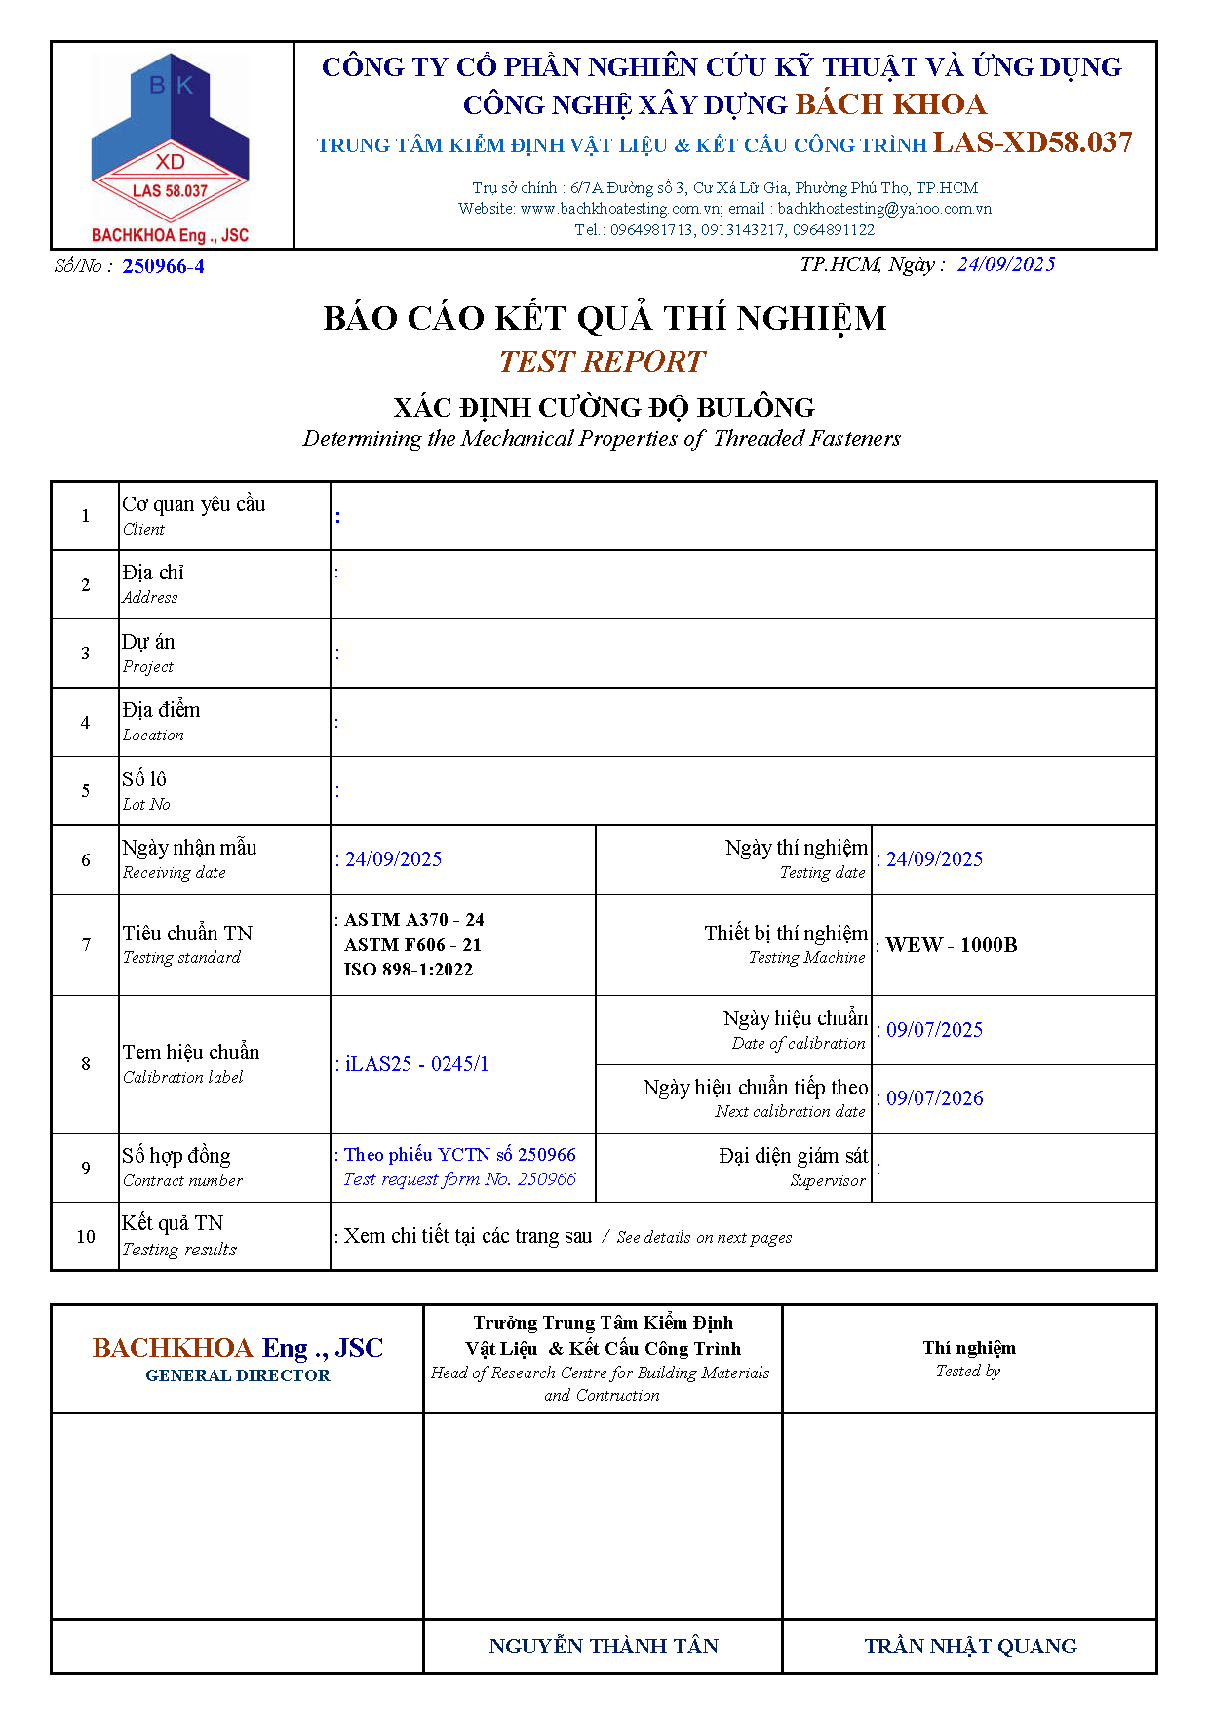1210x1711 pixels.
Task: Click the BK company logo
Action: coord(171,146)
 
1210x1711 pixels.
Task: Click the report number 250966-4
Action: coord(163,266)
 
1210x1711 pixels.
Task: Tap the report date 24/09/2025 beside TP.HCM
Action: coord(1005,264)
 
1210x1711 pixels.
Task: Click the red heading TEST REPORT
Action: coord(602,362)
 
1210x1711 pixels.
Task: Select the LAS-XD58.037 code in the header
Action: coord(1032,143)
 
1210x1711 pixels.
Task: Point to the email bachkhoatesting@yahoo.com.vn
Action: coord(884,208)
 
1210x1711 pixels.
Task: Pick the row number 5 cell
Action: coord(86,791)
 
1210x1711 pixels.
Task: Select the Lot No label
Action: coord(146,804)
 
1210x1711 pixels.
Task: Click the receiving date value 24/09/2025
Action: coord(393,859)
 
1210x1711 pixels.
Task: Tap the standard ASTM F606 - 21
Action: coord(412,944)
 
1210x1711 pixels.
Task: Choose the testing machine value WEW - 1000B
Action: coord(951,945)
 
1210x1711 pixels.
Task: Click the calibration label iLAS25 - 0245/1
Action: coord(416,1064)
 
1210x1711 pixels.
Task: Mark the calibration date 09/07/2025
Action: coord(934,1030)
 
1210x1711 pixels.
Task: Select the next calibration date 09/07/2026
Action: coord(934,1098)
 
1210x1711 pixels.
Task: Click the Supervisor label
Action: coord(827,1181)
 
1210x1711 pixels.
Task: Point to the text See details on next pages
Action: coord(704,1237)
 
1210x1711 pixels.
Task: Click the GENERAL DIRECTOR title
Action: coord(237,1375)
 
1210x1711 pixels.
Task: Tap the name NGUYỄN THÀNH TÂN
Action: coord(603,1647)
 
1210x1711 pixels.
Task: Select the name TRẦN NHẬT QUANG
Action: coord(970,1647)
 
